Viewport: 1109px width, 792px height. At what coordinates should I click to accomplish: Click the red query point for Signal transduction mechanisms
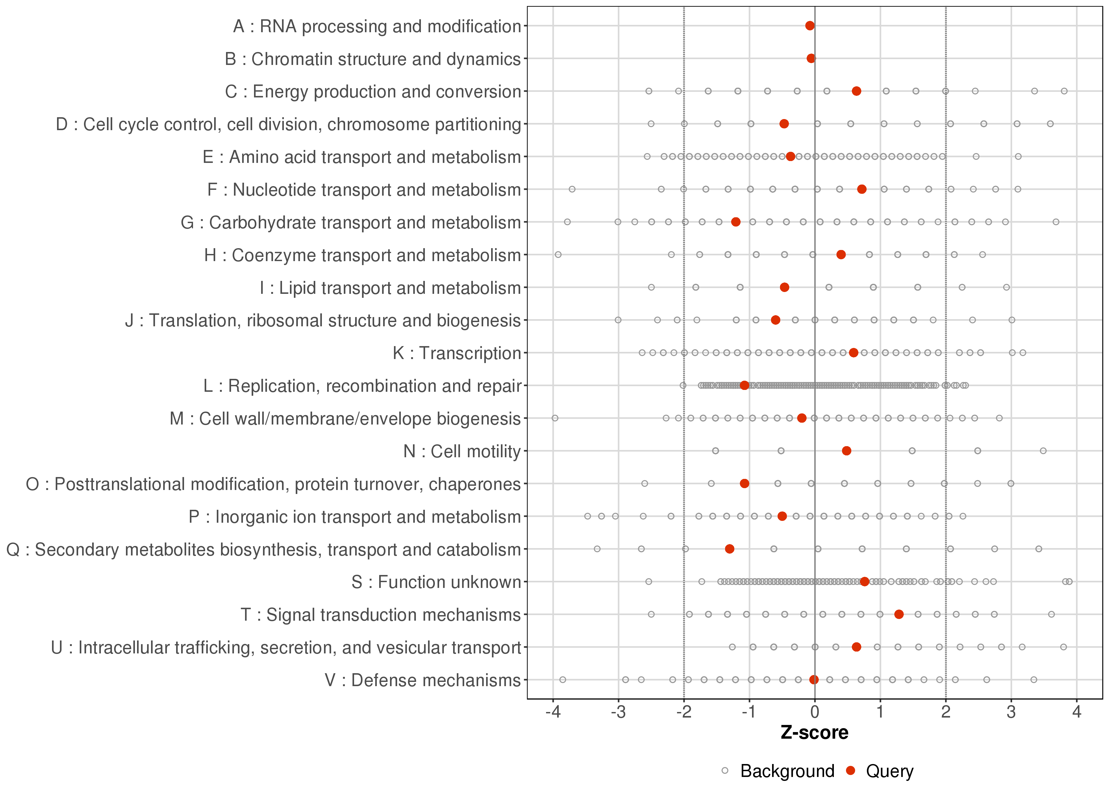(x=899, y=615)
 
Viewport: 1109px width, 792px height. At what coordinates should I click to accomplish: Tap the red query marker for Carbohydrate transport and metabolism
(x=736, y=222)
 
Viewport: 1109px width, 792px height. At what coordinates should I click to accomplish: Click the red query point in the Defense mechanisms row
(x=814, y=680)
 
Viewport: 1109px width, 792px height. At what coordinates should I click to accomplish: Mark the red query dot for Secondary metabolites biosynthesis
(x=730, y=549)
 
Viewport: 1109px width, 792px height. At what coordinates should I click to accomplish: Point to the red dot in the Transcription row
(x=853, y=353)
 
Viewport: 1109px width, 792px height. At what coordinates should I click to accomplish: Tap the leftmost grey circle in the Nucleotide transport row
(x=572, y=189)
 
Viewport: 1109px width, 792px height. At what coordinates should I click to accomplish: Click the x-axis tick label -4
(x=553, y=713)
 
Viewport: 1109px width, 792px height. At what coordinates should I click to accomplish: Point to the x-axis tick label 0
(x=815, y=713)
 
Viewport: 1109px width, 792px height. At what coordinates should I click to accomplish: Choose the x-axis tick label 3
(x=1012, y=713)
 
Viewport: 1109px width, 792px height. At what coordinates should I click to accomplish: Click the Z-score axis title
(x=814, y=733)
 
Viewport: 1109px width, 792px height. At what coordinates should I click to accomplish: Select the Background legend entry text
(x=787, y=771)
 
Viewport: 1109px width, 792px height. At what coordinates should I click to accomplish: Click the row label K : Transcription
(x=457, y=353)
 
